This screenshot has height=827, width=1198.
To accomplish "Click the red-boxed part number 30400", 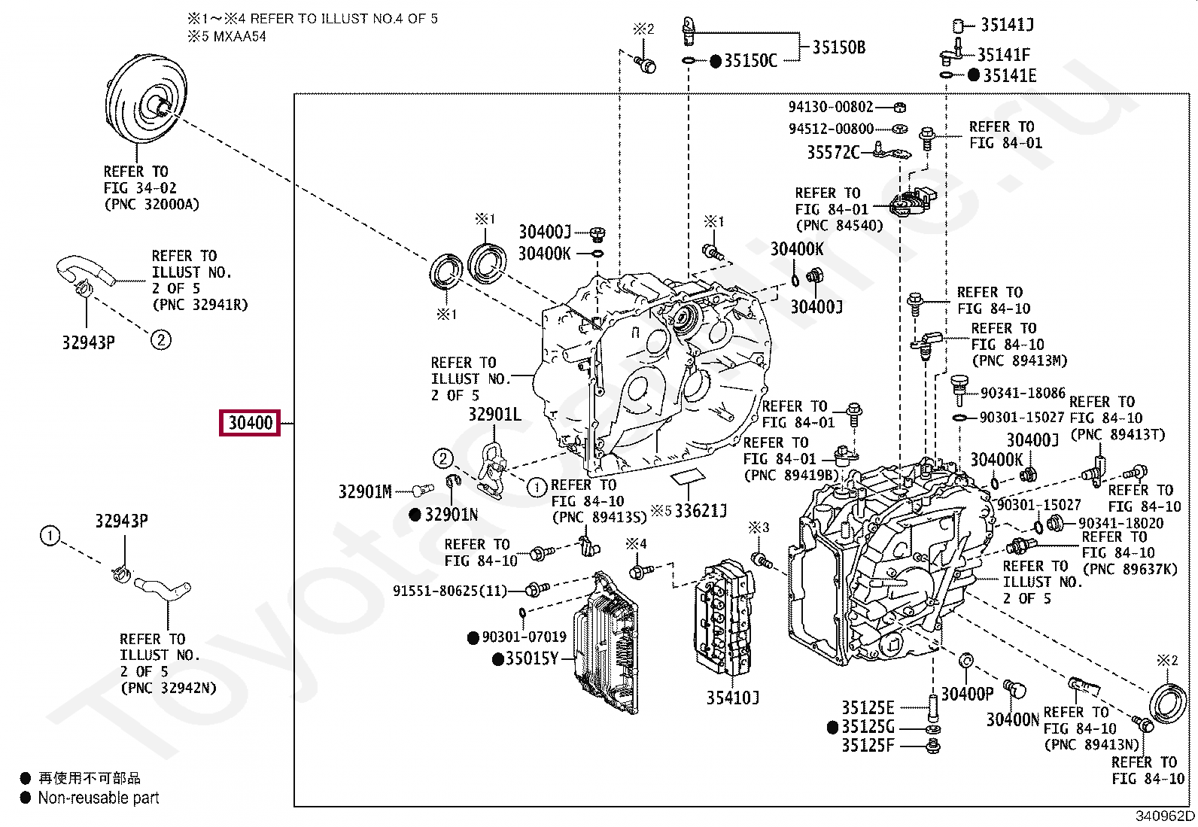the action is tap(250, 423).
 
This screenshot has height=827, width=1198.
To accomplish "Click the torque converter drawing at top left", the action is tap(146, 99).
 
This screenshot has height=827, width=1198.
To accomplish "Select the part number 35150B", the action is tap(838, 47).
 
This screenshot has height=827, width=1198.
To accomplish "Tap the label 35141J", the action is tap(1007, 25).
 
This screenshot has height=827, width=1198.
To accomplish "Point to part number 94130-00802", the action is tap(831, 107).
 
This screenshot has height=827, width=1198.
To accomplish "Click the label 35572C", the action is tap(833, 153).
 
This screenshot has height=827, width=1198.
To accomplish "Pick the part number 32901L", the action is tap(494, 414).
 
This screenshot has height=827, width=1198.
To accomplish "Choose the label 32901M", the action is tap(365, 491).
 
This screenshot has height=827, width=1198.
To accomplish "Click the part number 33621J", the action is tap(701, 511).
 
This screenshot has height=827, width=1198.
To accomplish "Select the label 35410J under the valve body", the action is tap(733, 698).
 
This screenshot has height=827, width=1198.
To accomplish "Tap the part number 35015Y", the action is tap(531, 658).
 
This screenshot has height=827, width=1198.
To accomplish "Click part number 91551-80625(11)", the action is tap(450, 591).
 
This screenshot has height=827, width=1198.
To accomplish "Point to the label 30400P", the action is tap(967, 694).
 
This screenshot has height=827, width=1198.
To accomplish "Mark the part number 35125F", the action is tap(868, 745).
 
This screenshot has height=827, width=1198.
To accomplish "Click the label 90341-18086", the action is tap(1023, 393).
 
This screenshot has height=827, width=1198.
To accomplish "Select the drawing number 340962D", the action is tap(1165, 816).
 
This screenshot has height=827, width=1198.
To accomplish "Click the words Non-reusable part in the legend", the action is tap(99, 798).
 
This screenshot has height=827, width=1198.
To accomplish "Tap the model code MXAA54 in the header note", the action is tap(239, 36).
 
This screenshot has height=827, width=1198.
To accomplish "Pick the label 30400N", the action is tap(1012, 720).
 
